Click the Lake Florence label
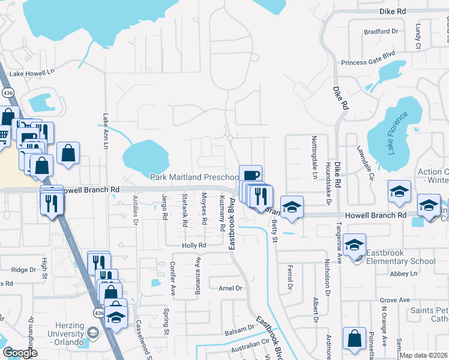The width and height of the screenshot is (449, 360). tap(397, 133)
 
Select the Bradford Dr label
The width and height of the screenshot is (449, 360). tap(381, 31)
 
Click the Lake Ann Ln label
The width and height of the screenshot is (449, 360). tap(106, 131)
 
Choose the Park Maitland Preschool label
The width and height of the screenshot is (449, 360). tap(194, 177)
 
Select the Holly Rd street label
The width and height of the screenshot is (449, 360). tap(194, 245)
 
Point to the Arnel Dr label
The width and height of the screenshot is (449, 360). tap(230, 288)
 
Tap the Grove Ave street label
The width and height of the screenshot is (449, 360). tap(394, 300)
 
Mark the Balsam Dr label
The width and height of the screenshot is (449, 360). tap(240, 329)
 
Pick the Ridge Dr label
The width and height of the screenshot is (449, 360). tap(23, 270)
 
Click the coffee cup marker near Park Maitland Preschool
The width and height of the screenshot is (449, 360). tap(250, 175)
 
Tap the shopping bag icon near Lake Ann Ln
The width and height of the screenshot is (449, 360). tap(68, 152)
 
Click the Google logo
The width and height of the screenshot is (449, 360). tap(20, 353)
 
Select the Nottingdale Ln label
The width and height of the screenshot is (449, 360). tap(314, 158)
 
